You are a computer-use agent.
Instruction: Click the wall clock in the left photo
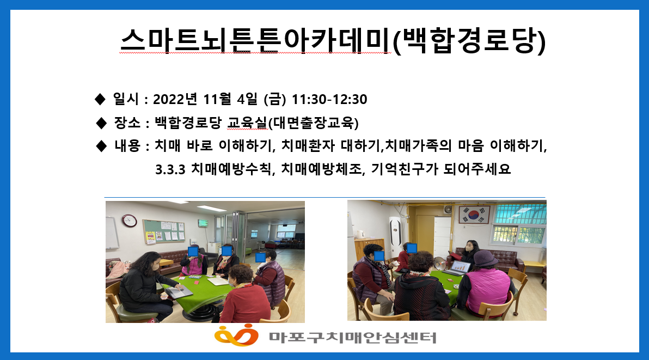(x=129, y=221)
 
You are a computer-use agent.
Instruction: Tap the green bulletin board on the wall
(x=164, y=231)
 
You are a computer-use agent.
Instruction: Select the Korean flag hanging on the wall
(x=474, y=215)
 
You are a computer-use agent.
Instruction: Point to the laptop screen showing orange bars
(x=460, y=267)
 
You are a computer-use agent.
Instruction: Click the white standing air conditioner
(x=395, y=235)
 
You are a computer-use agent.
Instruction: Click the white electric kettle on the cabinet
(x=359, y=234)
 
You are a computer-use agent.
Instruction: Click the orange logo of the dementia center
(x=236, y=335)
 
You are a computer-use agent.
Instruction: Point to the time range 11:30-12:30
(x=329, y=99)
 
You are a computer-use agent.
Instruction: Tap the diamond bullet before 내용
(x=101, y=146)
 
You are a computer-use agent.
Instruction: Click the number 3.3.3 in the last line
(x=170, y=169)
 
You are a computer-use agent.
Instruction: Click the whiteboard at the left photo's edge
(x=112, y=233)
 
